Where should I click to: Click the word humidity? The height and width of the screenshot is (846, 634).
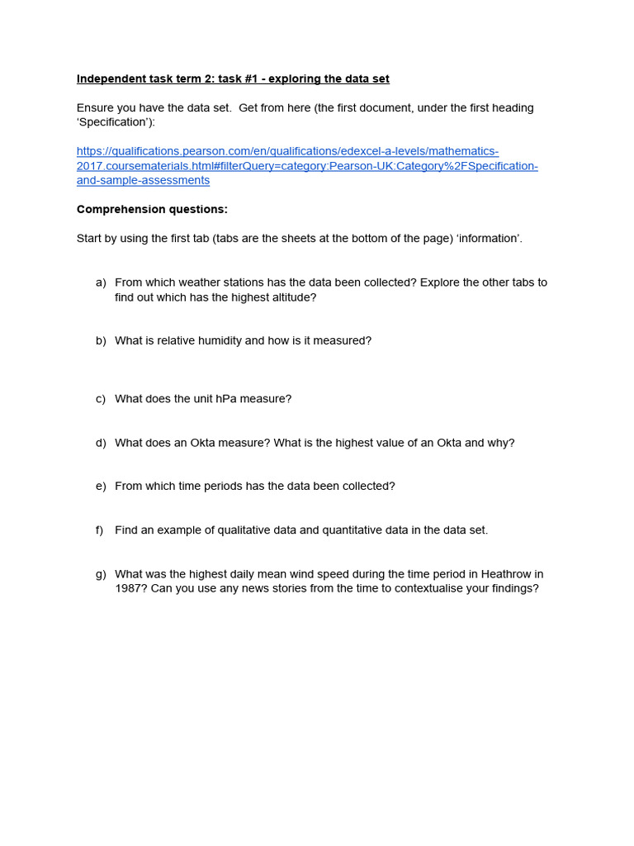pos(218,340)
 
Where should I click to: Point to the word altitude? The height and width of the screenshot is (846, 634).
pos(290,297)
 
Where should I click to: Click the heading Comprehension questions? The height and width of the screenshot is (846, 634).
pos(152,209)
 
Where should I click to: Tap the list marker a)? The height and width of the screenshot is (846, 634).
pos(101,283)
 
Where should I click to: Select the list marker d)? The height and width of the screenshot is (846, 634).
pos(101,443)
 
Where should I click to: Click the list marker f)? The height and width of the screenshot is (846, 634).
pos(100,530)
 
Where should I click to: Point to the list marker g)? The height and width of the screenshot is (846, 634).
pos(101,574)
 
